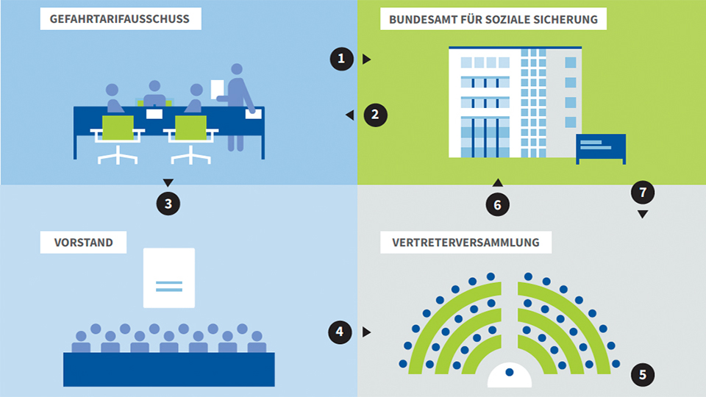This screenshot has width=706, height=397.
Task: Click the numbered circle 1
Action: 340,59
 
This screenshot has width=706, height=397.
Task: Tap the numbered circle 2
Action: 375,115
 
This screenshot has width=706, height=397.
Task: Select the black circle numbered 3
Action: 168,204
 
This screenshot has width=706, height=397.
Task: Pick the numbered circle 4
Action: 339,332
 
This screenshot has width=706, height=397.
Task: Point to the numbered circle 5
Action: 643,375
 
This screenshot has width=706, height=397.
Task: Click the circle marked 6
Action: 497,205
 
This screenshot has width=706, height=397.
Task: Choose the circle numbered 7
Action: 643,193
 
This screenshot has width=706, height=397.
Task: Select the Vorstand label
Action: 83,242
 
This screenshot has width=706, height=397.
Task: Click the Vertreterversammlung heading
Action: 466,242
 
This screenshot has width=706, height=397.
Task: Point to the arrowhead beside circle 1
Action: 366,59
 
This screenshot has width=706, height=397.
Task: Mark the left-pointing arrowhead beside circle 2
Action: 350,115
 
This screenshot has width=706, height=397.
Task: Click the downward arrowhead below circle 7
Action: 643,215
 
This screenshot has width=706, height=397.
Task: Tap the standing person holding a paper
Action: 237,103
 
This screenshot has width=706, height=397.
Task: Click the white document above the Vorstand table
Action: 169,277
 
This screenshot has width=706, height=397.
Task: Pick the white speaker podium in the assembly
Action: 509,376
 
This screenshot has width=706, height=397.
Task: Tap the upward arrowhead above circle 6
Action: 497,182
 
